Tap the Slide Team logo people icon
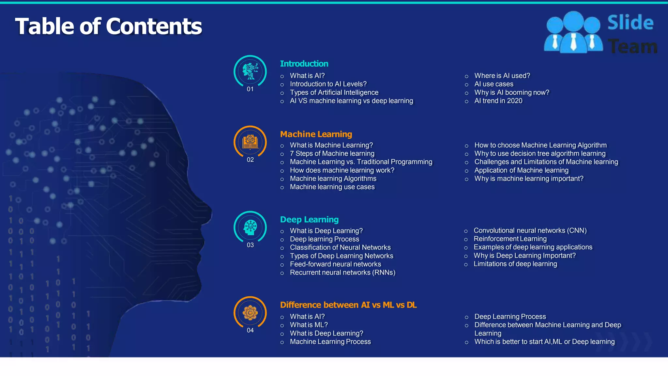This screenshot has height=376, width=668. [573, 33]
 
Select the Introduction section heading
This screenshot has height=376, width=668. [304, 64]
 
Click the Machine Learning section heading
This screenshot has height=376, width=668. [316, 134]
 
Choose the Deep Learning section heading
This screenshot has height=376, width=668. [309, 219]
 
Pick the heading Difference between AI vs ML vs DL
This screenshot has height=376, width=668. [348, 305]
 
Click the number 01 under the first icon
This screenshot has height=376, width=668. [250, 89]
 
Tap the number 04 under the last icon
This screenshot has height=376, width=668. [250, 330]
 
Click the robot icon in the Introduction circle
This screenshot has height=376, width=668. [250, 71]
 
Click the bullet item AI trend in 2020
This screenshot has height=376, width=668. [498, 101]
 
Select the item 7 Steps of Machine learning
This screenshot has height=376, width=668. [332, 153]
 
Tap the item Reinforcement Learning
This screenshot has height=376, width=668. [510, 239]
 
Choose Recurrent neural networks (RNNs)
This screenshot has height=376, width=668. [342, 273]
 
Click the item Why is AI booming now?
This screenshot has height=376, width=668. [511, 92]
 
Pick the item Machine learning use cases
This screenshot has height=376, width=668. [332, 187]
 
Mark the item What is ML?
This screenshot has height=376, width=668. [309, 325]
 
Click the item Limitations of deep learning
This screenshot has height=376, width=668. [515, 264]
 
